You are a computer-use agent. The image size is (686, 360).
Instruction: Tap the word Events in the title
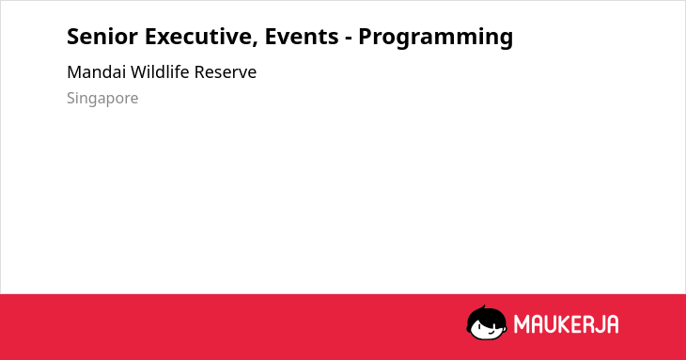(302, 37)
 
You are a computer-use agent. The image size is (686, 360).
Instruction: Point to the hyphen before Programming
(349, 39)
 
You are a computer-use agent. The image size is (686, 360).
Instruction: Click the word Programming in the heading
(436, 38)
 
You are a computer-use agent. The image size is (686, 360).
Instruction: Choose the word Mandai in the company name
(96, 72)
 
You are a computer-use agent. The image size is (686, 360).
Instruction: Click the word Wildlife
(160, 71)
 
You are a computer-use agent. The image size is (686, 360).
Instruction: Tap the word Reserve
(226, 72)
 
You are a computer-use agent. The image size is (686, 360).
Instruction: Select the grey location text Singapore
(102, 99)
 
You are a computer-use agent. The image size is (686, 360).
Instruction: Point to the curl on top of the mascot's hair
(483, 307)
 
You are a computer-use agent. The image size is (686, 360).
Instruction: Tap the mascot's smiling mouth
(491, 332)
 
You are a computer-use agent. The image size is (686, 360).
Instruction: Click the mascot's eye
(479, 326)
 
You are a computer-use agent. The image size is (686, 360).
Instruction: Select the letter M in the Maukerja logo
(522, 324)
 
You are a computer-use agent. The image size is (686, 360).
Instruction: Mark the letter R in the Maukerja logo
(589, 324)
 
